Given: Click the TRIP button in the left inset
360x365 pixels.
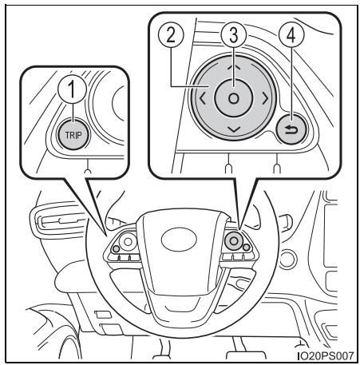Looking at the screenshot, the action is point(73,135).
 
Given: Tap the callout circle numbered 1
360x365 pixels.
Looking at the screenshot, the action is point(72,89).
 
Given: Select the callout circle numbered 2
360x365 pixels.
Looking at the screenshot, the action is point(171,35).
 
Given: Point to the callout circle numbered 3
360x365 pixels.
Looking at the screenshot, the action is point(233,35).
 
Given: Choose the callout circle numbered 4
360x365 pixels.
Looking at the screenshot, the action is point(291,35).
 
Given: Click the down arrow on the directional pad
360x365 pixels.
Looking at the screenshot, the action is point(234,129).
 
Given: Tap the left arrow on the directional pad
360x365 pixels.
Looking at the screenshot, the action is point(202,98).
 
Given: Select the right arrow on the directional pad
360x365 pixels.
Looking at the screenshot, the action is point(265,98).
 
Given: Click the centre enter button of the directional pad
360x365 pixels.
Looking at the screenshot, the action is point(234,98).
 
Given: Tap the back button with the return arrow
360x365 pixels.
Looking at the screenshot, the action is point(291,129).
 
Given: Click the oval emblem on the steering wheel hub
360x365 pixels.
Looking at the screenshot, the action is point(179,239).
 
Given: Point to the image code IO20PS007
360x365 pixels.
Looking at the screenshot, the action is point(326,355).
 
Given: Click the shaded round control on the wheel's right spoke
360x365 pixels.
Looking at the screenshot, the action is point(234,241).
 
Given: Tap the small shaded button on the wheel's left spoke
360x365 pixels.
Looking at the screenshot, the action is point(116,249).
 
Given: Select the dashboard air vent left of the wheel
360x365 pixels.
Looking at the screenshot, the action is point(58,220).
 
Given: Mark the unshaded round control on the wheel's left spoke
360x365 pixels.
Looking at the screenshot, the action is point(128,242).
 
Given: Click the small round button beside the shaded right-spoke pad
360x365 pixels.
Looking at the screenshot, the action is point(247,248).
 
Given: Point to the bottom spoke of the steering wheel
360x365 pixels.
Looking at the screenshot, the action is point(180,306).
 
